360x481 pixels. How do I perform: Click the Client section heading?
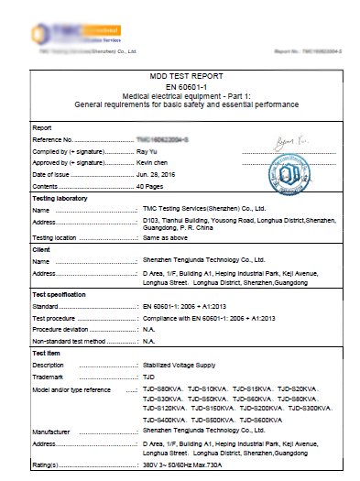coord(42,249)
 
